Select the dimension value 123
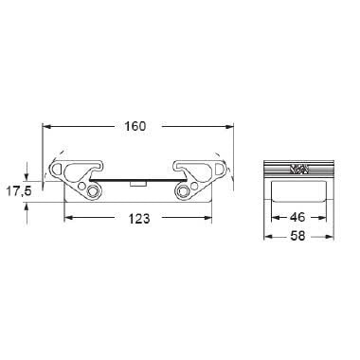click(x=138, y=218)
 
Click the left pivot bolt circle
click(x=92, y=192)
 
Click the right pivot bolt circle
click(x=183, y=192)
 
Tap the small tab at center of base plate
click(x=138, y=181)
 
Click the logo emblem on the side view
click(x=298, y=169)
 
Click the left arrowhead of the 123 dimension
click(x=67, y=219)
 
